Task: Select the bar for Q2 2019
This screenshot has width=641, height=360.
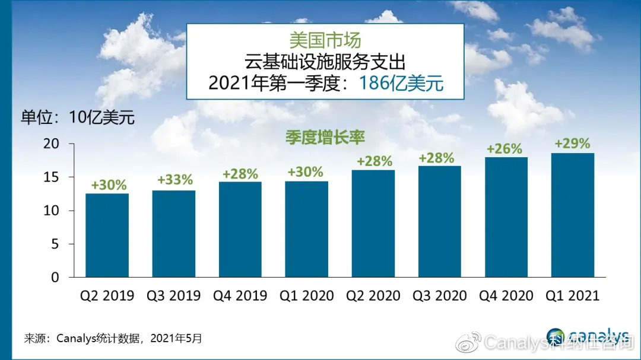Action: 107,235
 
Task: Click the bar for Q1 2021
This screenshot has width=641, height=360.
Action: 573,215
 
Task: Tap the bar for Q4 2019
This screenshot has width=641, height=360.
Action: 240,230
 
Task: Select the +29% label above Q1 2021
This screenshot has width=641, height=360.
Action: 572,144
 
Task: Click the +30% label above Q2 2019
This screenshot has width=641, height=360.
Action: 109,184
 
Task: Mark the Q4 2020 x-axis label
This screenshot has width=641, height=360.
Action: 506,295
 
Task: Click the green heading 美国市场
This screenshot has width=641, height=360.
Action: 325,40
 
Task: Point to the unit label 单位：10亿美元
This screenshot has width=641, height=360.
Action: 78,117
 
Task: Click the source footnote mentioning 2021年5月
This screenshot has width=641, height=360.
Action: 113,339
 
